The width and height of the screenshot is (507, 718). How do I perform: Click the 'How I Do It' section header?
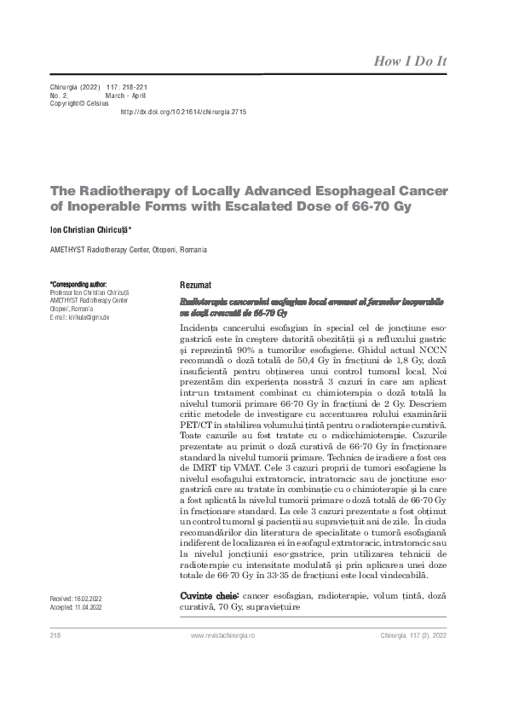411,61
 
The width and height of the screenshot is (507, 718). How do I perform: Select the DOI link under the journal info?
183,112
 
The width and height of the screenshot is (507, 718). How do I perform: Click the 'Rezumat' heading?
196,284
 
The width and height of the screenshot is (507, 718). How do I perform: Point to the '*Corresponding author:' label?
78,284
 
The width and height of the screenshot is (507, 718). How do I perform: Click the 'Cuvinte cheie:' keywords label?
210,594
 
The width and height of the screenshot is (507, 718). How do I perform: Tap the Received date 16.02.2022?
77,599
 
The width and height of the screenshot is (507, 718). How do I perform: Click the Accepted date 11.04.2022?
77,608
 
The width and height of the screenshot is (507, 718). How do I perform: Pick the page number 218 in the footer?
57,636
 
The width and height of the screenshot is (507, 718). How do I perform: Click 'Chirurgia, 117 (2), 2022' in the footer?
410,636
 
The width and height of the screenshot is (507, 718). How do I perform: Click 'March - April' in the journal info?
126,96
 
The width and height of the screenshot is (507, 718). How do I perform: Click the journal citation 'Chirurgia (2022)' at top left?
76,87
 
